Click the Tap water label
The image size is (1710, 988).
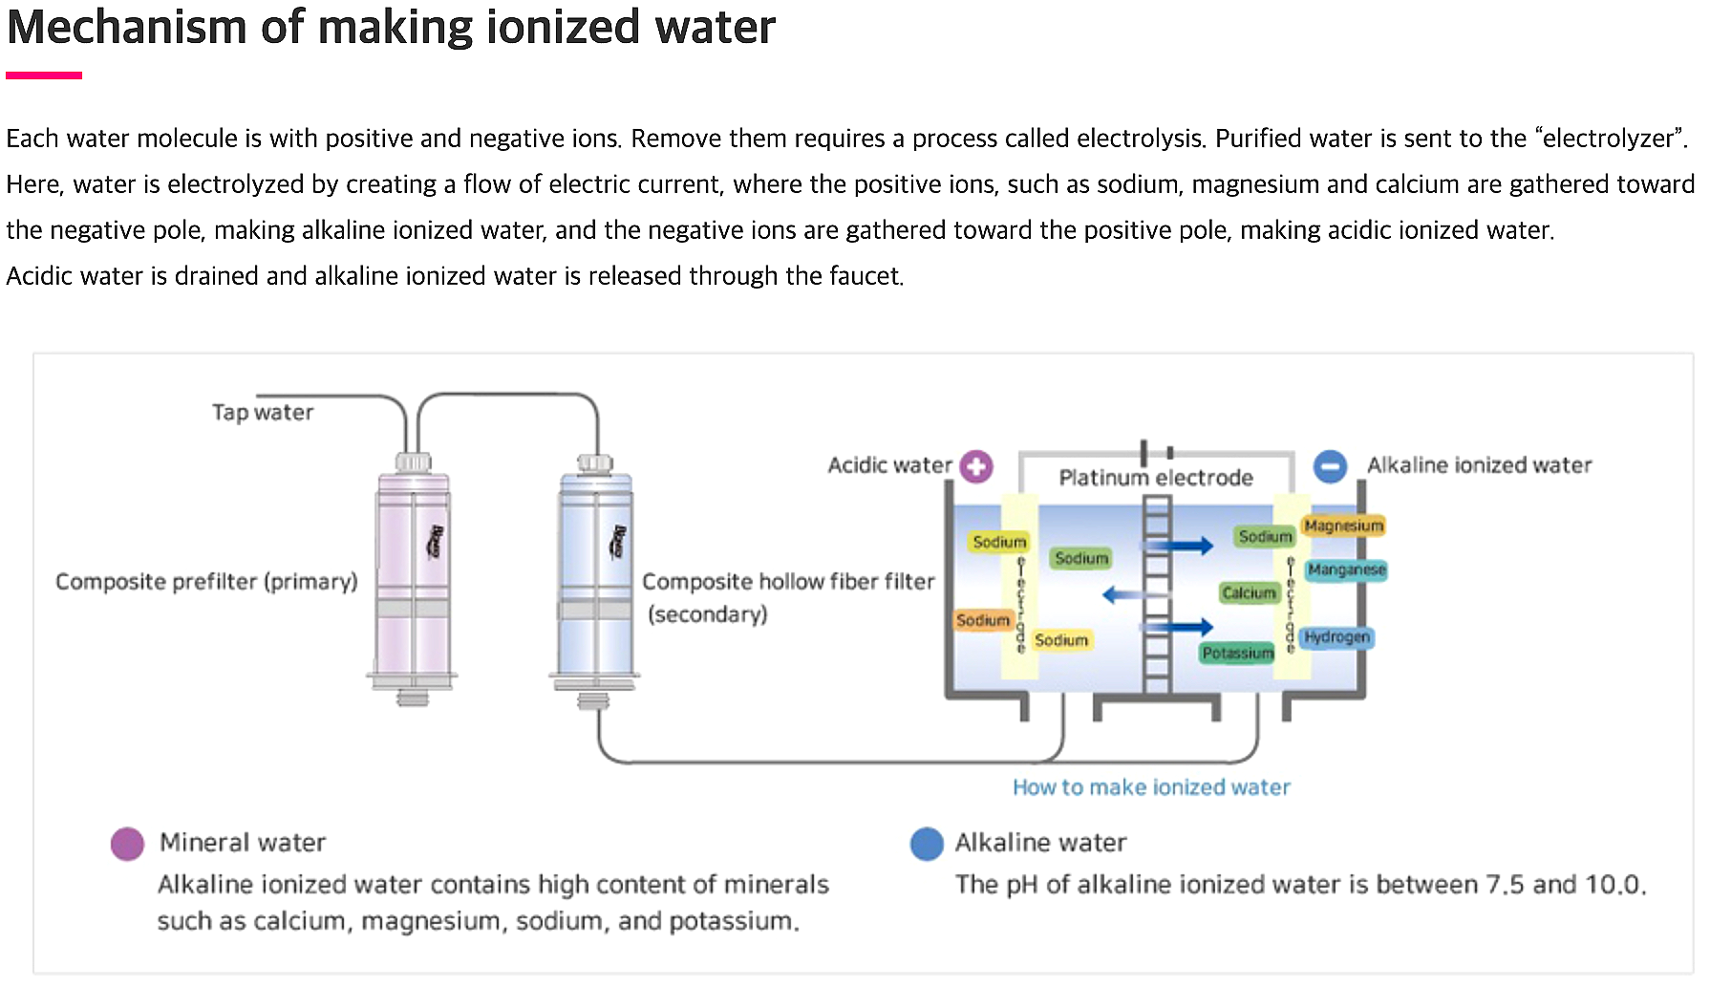[x=263, y=413]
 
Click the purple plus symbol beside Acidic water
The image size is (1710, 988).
[x=976, y=466]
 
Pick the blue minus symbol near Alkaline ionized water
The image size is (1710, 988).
[x=1330, y=466]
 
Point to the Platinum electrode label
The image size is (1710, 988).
[x=1156, y=478]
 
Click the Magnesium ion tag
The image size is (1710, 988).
[x=1343, y=526]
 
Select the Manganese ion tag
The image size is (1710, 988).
[x=1346, y=569]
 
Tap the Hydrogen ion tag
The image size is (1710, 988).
[x=1336, y=636]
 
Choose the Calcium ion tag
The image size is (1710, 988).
[x=1249, y=593]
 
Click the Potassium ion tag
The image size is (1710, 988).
[x=1237, y=653]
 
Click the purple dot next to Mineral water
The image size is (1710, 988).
[x=127, y=844]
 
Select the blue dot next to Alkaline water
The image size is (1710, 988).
[x=927, y=844]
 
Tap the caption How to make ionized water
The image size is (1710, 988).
[x=1151, y=787]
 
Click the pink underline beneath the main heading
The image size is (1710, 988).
[x=44, y=75]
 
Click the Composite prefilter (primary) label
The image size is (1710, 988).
[x=206, y=582]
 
